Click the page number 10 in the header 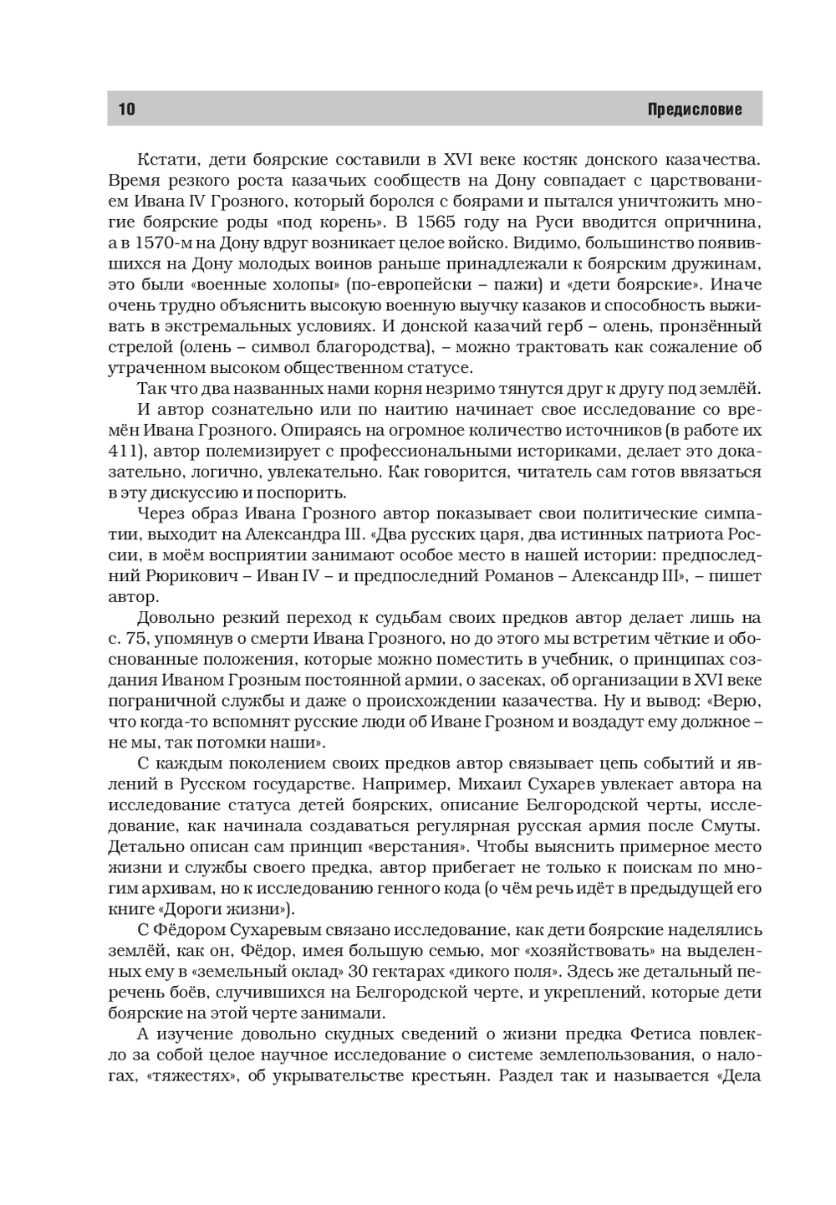coord(127,110)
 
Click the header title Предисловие coord(695,110)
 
